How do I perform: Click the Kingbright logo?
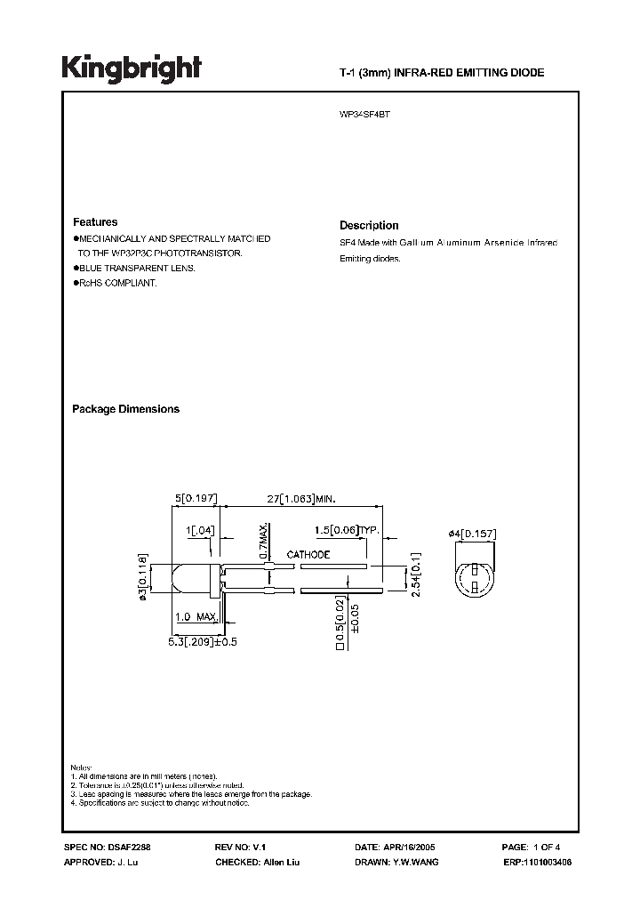(131, 68)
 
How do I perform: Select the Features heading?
(95, 222)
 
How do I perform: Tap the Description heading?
(369, 226)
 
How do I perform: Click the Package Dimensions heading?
(125, 409)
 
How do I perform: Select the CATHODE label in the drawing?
(308, 555)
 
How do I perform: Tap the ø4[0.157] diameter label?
(472, 534)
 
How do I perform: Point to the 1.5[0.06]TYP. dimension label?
(346, 531)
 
